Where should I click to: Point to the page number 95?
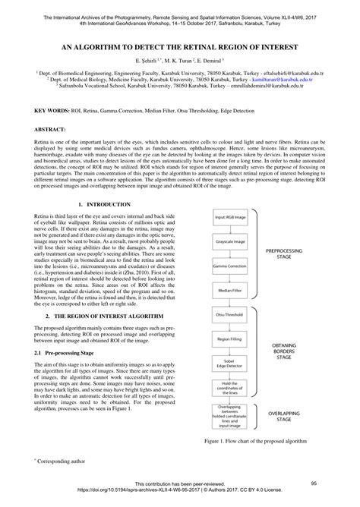(x=313, y=483)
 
